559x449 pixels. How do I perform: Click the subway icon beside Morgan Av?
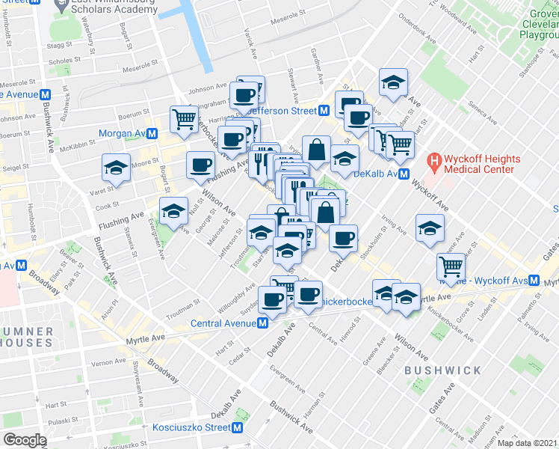pyautogui.click(x=152, y=133)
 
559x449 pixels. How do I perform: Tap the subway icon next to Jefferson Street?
pyautogui.click(x=324, y=110)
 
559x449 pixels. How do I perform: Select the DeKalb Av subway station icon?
pyautogui.click(x=403, y=174)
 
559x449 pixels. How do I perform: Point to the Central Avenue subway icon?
pyautogui.click(x=263, y=323)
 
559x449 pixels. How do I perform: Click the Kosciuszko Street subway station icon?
pyautogui.click(x=238, y=427)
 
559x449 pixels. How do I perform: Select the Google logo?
pyautogui.click(x=25, y=440)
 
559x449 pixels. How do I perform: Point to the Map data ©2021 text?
pyautogui.click(x=527, y=443)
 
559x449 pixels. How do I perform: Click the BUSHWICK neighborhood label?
pyautogui.click(x=433, y=370)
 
